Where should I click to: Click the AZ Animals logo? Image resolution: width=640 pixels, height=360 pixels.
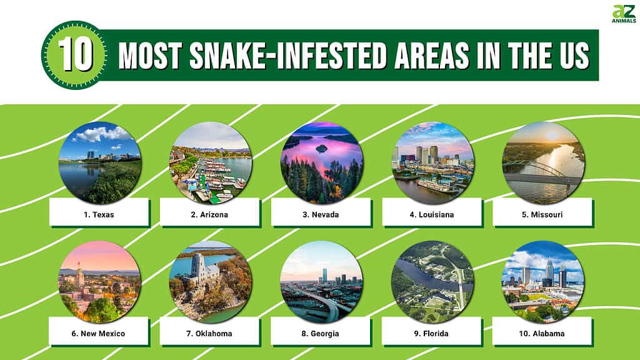[624, 14]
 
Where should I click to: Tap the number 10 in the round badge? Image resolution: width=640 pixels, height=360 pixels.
[76, 55]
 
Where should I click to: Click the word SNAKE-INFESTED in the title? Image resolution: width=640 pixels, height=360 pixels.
[287, 55]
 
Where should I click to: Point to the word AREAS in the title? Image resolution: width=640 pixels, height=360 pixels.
[432, 55]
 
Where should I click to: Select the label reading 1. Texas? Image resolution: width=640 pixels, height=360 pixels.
[99, 215]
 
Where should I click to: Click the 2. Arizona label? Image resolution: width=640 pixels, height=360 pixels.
[209, 215]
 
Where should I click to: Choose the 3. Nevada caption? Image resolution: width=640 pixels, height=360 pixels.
[321, 215]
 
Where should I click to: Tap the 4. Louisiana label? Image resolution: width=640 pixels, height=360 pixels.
[432, 215]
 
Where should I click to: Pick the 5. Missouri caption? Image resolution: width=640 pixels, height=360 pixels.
[542, 215]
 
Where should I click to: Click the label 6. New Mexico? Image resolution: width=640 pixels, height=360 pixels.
[98, 334]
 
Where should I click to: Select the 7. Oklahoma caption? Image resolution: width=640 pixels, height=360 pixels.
[209, 334]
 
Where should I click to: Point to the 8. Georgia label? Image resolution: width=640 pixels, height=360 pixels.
[321, 334]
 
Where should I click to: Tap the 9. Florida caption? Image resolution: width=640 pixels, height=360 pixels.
[431, 334]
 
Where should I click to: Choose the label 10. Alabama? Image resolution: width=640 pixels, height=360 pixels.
[542, 334]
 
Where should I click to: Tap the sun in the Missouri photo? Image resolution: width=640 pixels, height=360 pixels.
[552, 136]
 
